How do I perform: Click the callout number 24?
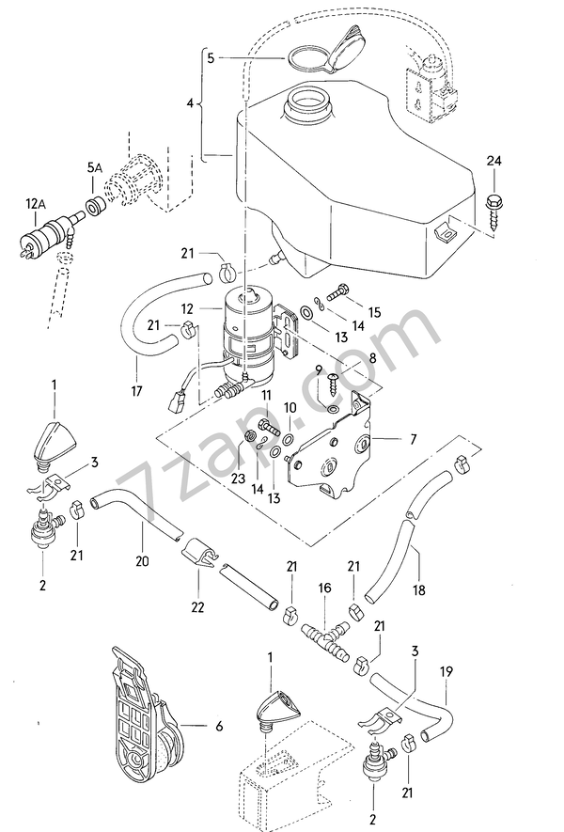point(494,161)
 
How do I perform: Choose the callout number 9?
point(318,369)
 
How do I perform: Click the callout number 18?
point(418,589)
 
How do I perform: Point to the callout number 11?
point(265,396)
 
